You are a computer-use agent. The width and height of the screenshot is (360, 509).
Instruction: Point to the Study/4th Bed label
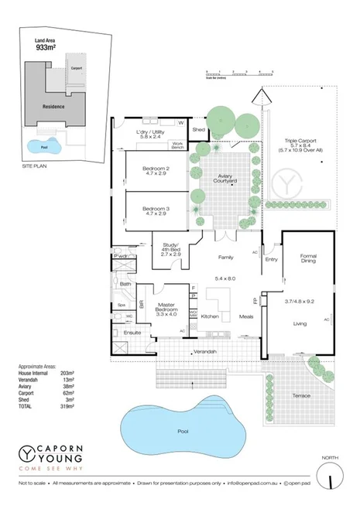pos(170,248)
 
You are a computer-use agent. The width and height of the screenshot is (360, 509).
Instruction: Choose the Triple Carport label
pos(299,142)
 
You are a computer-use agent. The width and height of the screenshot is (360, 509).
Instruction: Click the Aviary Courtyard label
pos(226,178)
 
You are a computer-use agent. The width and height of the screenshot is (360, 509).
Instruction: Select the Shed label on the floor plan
pos(199,130)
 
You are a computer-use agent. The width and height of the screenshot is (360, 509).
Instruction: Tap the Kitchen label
pos(210,317)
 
